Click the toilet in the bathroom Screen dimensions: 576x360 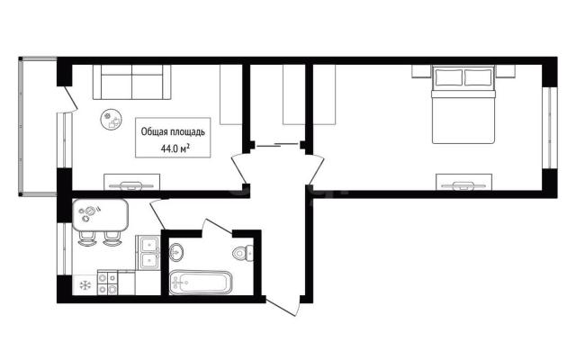243,252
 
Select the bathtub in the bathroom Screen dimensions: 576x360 201,283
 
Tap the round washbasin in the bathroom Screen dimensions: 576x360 176,252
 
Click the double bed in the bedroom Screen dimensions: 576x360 463,104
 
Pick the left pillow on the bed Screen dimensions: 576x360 448,77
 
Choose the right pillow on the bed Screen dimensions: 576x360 478,77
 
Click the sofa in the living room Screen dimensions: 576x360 132,82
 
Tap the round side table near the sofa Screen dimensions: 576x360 112,119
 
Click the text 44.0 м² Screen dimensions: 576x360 175,148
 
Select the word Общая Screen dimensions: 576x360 154,132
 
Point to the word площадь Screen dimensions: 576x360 187,132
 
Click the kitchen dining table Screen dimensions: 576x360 100,215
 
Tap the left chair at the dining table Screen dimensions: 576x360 87,238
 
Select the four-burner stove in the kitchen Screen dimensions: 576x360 108,283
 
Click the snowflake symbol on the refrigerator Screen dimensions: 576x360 85,285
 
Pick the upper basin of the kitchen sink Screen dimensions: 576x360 148,244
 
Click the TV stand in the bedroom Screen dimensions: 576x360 464,182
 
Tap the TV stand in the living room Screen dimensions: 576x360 132,182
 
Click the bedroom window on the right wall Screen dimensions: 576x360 550,128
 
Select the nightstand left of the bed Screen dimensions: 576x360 421,71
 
